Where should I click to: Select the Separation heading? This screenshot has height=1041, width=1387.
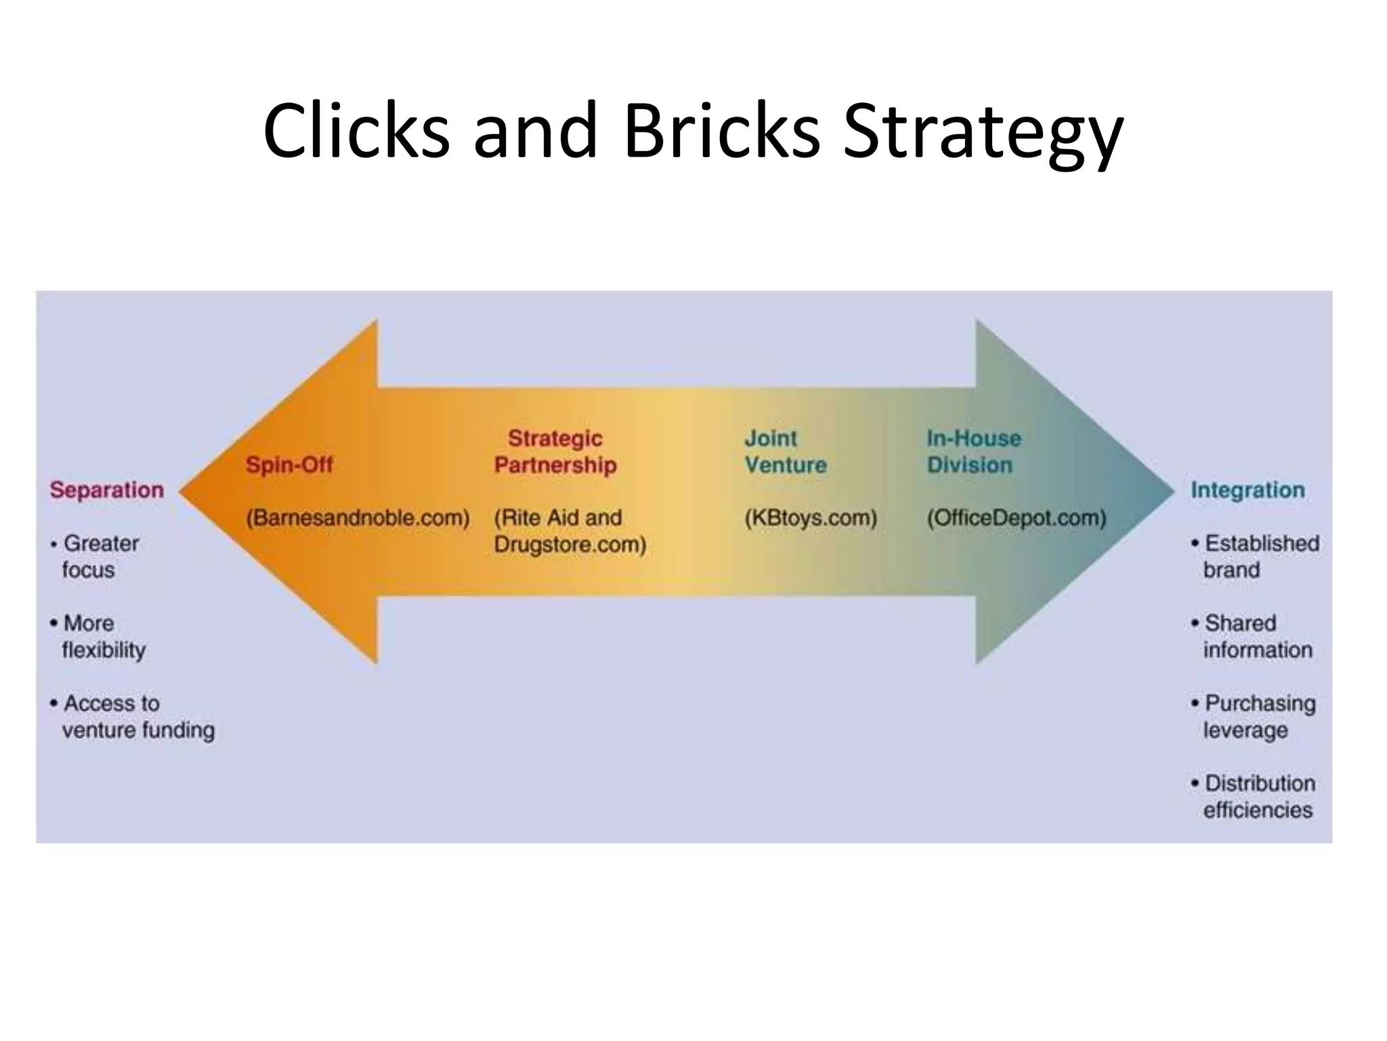click(x=107, y=490)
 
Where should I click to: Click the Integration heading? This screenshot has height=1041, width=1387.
click(x=1247, y=490)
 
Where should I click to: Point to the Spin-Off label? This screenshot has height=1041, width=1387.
click(x=289, y=465)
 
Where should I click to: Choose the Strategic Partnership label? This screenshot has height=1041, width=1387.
click(x=555, y=451)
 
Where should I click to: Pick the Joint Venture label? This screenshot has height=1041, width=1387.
click(x=786, y=451)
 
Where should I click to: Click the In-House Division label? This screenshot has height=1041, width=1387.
click(x=973, y=451)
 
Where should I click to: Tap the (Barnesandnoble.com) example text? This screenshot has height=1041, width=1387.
click(x=358, y=518)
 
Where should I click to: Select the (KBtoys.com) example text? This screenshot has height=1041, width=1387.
click(x=811, y=518)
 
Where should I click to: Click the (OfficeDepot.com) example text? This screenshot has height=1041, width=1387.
click(x=1017, y=518)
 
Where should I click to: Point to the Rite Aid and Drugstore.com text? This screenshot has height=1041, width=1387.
click(x=570, y=531)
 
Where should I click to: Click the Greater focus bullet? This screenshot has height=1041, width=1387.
click(x=95, y=556)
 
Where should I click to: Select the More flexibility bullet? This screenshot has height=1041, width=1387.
click(x=99, y=636)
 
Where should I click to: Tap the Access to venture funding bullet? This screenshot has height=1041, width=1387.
click(x=133, y=716)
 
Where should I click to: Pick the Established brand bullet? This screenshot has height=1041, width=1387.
click(x=1256, y=556)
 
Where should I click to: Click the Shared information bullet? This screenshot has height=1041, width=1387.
click(x=1253, y=636)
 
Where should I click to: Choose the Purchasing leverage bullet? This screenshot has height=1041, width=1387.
click(x=1254, y=716)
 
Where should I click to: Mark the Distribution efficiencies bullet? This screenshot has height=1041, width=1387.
click(x=1254, y=796)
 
